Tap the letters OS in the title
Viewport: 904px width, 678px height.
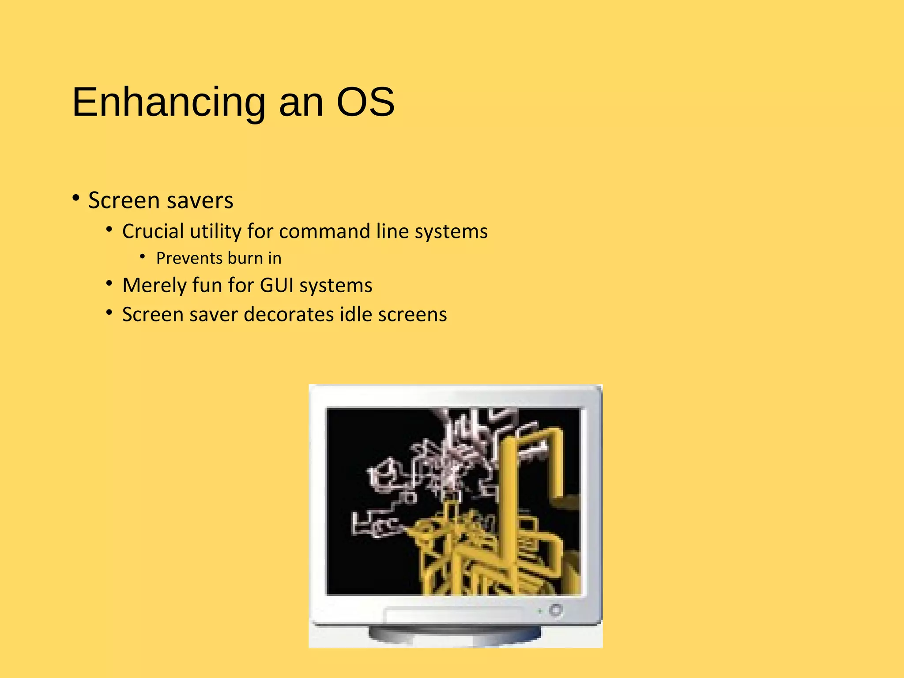[x=365, y=102]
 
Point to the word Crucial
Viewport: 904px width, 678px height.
[x=153, y=231]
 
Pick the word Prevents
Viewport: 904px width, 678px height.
[x=189, y=258]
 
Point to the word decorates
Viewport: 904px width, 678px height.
[x=289, y=315]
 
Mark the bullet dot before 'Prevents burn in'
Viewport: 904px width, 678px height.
[x=142, y=256]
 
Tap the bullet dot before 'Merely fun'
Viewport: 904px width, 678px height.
[x=109, y=283]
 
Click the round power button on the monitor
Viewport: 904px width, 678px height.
[x=556, y=610]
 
